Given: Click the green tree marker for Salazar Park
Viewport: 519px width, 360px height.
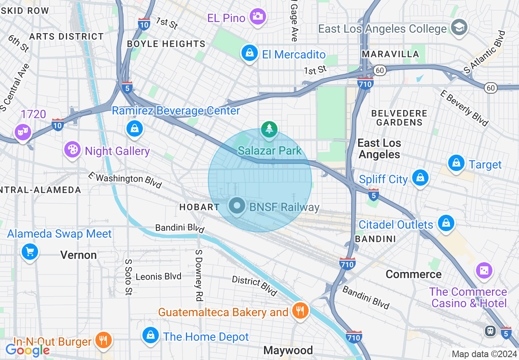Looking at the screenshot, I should click(269, 129).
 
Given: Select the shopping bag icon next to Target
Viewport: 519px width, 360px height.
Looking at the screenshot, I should click(456, 163).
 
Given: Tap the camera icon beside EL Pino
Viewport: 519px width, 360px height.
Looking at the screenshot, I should click(257, 17).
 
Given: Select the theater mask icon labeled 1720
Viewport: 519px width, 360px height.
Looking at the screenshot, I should click(23, 132).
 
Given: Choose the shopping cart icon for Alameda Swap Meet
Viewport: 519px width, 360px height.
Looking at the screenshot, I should click(29, 251).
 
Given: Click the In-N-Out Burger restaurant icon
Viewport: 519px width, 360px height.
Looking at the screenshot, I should click(103, 340).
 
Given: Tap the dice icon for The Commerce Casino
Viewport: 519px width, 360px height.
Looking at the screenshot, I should click(484, 270).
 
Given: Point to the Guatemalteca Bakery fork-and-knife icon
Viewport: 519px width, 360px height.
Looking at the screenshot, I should click(300, 311).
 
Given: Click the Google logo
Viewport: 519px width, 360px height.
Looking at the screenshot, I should click(27, 350).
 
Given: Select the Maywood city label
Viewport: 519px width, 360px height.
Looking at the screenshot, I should click(288, 350).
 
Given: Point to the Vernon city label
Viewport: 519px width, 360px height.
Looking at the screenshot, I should click(79, 255).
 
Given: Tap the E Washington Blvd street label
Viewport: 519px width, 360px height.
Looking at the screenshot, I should click(125, 180).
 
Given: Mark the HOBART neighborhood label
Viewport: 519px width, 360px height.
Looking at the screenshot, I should click(199, 207).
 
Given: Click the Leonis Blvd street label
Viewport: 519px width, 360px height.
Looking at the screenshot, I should click(158, 277).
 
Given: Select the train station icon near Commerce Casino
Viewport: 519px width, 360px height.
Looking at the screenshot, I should click(490, 331).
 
